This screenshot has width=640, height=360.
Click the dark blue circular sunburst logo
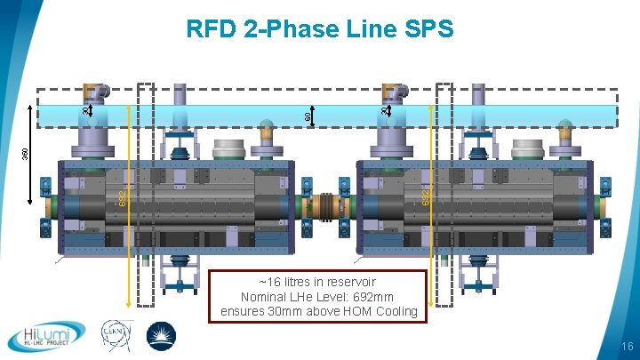coord(161,336)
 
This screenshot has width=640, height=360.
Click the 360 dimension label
coord(26,153)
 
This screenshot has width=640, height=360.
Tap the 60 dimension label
coord(307,116)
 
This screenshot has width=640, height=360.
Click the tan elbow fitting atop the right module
coord(393,92)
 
